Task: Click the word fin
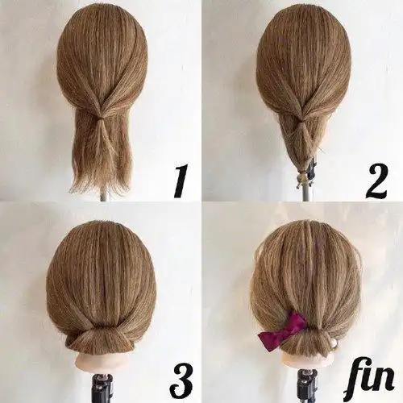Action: point(372,376)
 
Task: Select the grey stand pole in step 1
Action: point(104,196)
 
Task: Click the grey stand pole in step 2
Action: point(306,192)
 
